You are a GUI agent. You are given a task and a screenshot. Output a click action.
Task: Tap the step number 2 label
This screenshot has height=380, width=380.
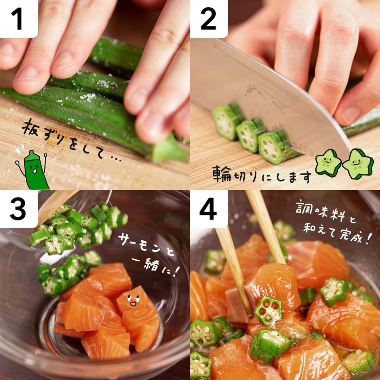pos(208,19)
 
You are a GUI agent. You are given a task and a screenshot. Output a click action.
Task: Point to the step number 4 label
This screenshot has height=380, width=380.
pos(208,209)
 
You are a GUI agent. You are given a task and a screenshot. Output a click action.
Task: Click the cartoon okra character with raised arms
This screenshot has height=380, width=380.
pos(33,170)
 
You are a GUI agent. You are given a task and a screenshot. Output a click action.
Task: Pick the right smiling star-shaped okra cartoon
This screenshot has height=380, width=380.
pos(358,164)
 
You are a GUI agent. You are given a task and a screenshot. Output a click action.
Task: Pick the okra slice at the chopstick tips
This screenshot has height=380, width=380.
pos(268,310)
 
